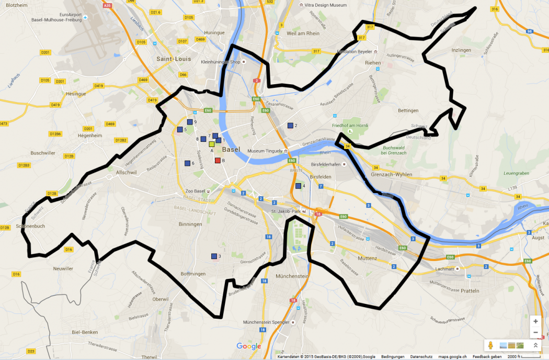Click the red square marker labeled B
pos(218,160)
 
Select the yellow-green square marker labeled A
pos(212,144)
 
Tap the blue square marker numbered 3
pos(214,256)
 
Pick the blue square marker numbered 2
pos(290,126)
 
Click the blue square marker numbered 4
pos(299,186)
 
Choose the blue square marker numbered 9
pos(190,122)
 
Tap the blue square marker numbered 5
pos(179,129)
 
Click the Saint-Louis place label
pos(174,59)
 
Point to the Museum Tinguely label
pos(264,151)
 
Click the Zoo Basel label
pos(196,191)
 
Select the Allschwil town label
pos(127,172)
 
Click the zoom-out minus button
pos(535,332)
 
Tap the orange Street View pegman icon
pos(490,345)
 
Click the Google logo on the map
pos(248,346)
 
